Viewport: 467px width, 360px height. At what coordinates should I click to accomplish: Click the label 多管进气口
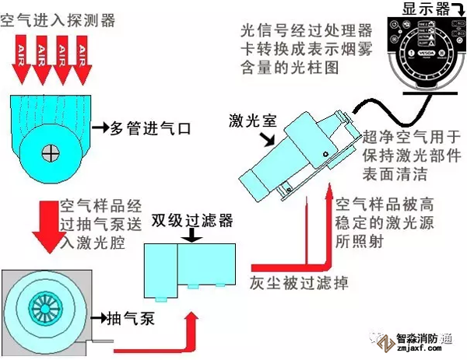[149, 126]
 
